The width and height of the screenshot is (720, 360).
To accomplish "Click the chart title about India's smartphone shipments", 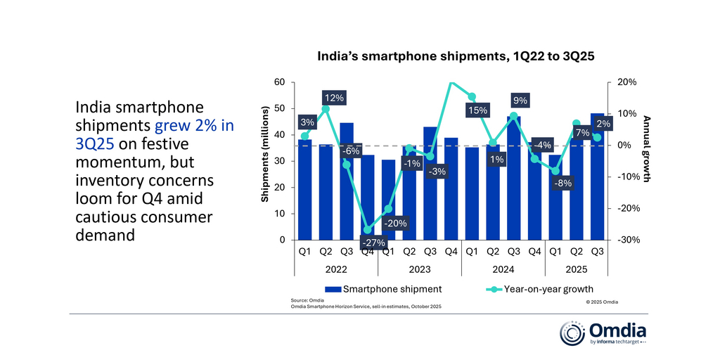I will tap(456, 57).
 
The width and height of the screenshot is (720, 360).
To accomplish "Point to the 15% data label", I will tap(477, 110).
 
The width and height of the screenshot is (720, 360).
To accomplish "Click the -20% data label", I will tap(395, 224).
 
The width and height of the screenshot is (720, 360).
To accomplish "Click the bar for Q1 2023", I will tap(388, 200).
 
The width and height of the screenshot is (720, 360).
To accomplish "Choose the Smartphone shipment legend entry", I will tap(382, 288).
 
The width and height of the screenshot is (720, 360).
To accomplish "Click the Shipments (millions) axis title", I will tap(265, 155).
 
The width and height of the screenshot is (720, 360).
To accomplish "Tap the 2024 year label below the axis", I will tap(503, 269).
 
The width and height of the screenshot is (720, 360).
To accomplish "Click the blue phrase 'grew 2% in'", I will tap(194, 126).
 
